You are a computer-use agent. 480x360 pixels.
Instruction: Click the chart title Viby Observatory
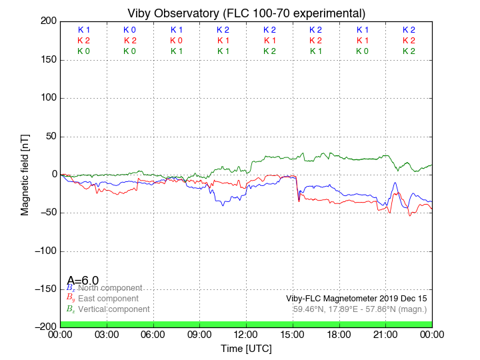246,13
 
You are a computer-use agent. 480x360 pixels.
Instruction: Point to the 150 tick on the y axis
48,60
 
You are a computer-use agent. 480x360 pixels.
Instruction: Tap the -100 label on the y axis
45,251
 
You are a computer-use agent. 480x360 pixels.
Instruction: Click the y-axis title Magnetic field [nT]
25,174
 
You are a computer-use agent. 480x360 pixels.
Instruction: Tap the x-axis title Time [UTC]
246,348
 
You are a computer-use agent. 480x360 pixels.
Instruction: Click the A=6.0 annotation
83,281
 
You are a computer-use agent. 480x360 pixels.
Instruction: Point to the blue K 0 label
130,30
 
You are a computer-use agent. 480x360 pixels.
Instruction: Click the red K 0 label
177,41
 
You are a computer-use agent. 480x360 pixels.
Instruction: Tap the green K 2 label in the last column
409,51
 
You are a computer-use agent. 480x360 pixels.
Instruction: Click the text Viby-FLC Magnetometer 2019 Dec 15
356,299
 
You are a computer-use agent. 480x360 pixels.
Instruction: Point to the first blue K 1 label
83,30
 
